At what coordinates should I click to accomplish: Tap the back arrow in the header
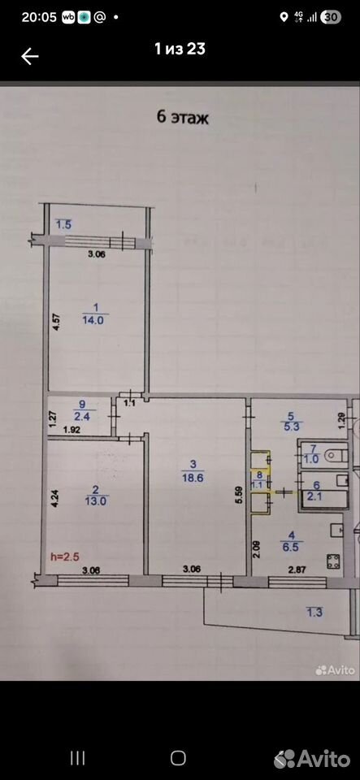[x=30, y=56]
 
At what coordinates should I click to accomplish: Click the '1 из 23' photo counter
[x=180, y=48]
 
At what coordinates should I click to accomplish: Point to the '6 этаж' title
[x=183, y=118]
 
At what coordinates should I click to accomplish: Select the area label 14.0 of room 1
[x=93, y=320]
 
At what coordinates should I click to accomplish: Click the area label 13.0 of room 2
[x=94, y=501]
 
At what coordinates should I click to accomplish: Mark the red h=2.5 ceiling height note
[x=65, y=557]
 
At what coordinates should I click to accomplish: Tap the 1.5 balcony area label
[x=63, y=224]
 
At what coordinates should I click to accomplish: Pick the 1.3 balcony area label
[x=314, y=613]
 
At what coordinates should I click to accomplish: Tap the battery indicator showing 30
[x=332, y=17]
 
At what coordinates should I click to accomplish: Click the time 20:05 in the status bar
[x=39, y=17]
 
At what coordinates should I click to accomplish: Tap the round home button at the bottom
[x=177, y=758]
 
